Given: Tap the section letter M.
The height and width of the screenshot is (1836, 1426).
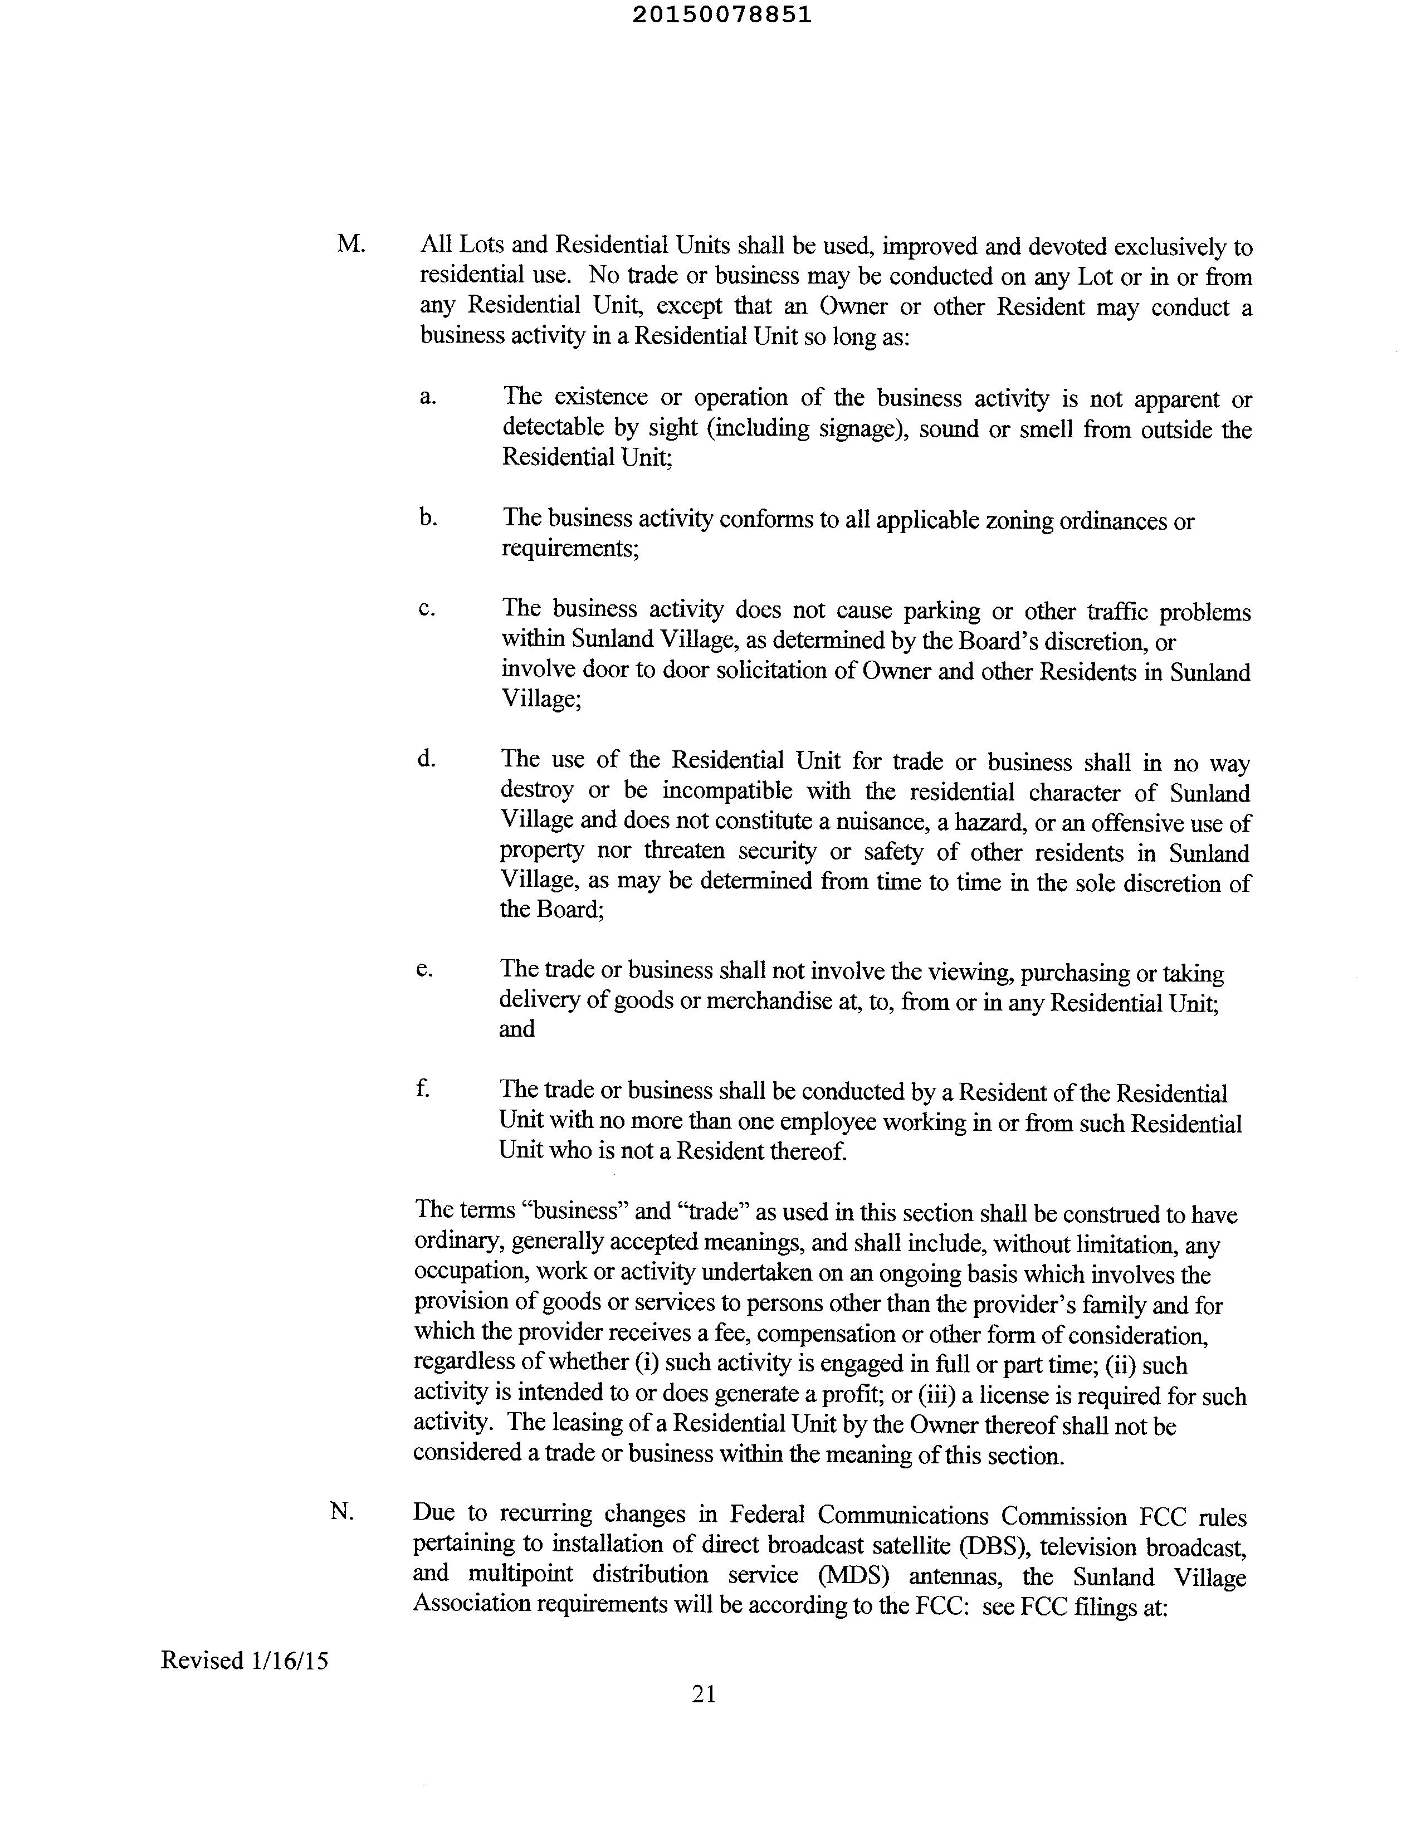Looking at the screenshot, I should tap(350, 244).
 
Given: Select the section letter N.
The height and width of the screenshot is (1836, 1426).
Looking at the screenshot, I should tap(341, 1511).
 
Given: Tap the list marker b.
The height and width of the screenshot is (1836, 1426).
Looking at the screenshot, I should tap(427, 516).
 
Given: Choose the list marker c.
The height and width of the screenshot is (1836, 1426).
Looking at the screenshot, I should tap(426, 608).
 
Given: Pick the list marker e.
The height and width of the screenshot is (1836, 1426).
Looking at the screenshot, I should tap(424, 969).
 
